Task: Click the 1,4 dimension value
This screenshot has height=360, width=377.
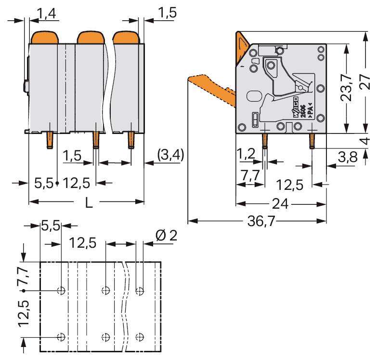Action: click(x=47, y=13)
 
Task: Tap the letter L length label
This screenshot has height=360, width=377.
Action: click(x=89, y=203)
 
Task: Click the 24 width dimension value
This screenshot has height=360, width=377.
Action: click(x=280, y=204)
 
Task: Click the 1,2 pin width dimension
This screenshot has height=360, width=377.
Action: click(x=246, y=155)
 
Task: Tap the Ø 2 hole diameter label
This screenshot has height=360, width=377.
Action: click(x=167, y=236)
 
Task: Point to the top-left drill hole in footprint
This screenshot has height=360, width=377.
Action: click(x=61, y=291)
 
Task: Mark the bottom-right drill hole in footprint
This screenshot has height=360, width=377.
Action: click(x=140, y=337)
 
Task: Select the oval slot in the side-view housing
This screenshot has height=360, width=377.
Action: click(x=253, y=96)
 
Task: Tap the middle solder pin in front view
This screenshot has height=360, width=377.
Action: click(x=95, y=141)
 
